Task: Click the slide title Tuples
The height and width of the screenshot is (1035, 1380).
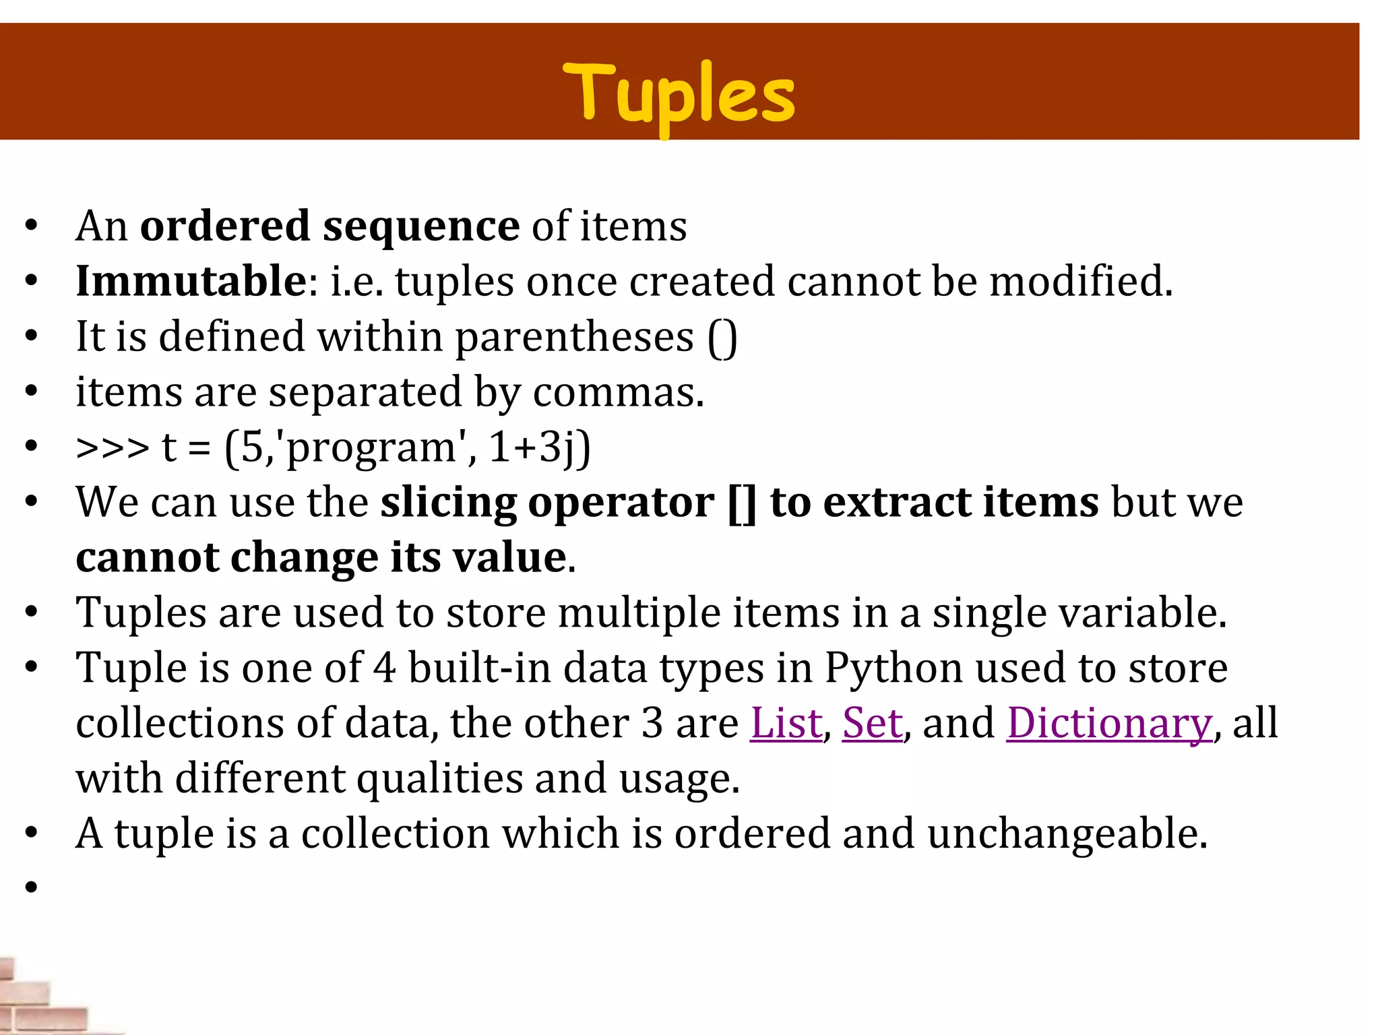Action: coord(679,94)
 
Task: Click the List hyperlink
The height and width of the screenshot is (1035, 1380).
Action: coord(786,723)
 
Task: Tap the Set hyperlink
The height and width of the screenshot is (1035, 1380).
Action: coord(872,723)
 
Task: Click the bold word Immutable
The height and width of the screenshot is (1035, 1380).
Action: coord(191,281)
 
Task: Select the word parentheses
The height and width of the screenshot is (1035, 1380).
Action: coord(574,338)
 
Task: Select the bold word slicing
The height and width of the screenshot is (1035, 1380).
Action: coord(448,503)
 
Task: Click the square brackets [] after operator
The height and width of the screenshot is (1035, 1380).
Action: coord(742,503)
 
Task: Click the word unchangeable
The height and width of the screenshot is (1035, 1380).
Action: coord(1067,834)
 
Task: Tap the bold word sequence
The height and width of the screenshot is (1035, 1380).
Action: coord(421,226)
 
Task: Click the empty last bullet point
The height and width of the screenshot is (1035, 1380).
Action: coord(32,887)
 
